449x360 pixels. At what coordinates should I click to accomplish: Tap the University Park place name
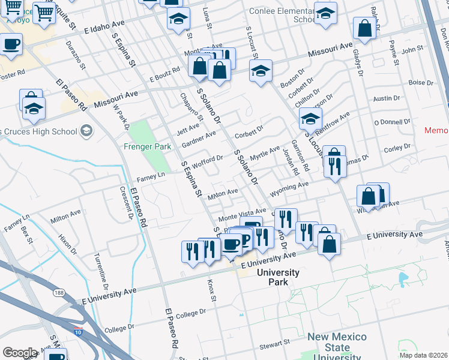278,277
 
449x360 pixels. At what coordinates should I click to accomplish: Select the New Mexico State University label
337,347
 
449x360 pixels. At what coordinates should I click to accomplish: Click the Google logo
20,353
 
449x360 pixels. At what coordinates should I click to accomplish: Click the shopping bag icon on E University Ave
329,244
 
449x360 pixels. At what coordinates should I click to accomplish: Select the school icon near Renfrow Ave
310,119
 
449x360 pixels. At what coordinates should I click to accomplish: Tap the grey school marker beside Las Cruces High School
86,131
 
